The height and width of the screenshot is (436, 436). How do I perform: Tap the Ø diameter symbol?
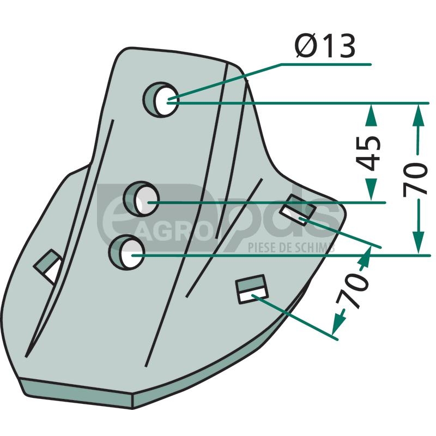[x=306, y=46]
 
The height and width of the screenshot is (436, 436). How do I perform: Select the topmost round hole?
[x=161, y=100]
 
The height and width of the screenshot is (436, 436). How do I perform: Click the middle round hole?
[x=142, y=199]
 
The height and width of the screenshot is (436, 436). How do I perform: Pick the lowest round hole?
[x=127, y=252]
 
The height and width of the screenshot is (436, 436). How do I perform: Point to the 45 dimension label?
[x=369, y=153]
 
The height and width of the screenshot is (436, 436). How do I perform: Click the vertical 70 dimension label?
[x=415, y=180]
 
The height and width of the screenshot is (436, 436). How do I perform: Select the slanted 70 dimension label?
[x=352, y=290]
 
